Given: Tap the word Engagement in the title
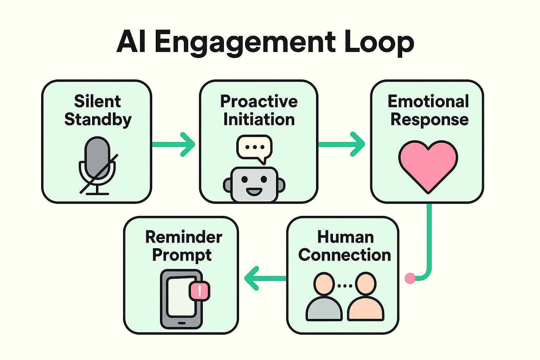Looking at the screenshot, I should (245, 43).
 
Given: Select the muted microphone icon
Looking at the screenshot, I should (97, 165).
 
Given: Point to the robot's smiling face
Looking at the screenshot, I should (254, 184).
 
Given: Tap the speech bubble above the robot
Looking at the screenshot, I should (255, 148).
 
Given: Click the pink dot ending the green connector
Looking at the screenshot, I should (410, 278).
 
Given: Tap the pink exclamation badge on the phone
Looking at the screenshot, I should (200, 291).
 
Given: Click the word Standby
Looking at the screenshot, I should (98, 120).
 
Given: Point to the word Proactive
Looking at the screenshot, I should (259, 102).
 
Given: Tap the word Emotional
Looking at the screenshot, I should (428, 102).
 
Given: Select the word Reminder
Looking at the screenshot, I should (184, 237).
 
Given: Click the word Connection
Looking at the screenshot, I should (345, 255).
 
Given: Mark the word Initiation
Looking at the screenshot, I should (259, 120).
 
